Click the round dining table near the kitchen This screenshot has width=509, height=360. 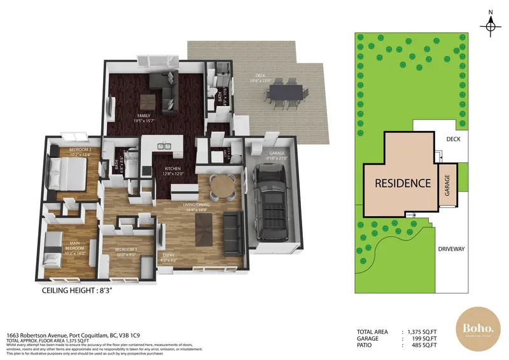[222, 186]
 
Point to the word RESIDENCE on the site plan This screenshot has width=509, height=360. [402, 183]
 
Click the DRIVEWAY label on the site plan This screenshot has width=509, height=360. [452, 249]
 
